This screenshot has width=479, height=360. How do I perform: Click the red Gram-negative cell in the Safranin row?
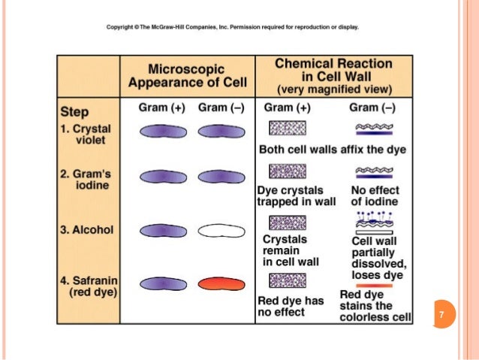217,283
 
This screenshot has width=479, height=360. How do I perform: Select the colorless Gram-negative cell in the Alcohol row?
217,230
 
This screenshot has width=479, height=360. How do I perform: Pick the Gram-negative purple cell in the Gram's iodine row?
217,178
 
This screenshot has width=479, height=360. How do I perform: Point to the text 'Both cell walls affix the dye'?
332,150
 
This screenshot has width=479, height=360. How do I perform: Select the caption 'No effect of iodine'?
375,196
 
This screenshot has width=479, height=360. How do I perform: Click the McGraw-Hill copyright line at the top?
233,26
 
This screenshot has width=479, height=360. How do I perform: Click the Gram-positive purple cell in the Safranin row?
160,283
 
